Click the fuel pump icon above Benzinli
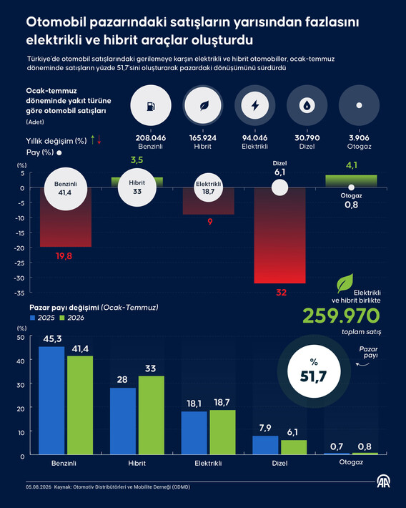[151, 106]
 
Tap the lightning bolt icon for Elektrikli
[255, 105]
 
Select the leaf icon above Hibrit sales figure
[204, 106]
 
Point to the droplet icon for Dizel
[307, 105]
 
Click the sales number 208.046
[151, 137]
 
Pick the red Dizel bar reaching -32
[279, 235]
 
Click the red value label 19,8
[64, 256]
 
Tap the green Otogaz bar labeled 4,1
[351, 181]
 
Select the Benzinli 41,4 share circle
[65, 189]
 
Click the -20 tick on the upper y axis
[20, 248]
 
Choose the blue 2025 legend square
[32, 318]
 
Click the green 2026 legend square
[62, 318]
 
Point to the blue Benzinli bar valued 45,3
[51, 401]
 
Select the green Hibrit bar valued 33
[152, 415]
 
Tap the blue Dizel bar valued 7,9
[265, 445]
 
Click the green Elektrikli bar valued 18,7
[222, 432]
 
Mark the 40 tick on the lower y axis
[21, 361]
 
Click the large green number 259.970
[341, 316]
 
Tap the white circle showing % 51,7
[314, 371]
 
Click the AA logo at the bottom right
[383, 481]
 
